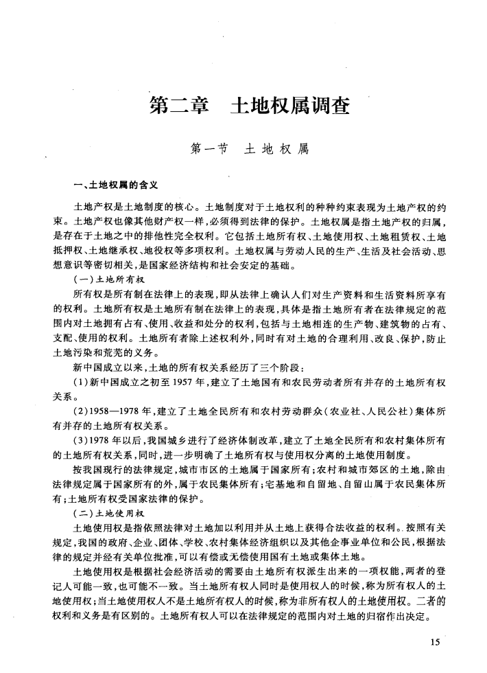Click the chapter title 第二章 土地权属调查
click(250, 107)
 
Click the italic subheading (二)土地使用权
click(110, 513)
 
